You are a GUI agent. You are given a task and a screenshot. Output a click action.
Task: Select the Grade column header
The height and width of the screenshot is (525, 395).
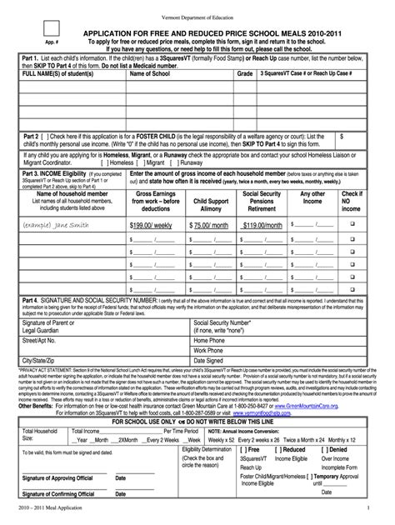pos(243,74)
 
